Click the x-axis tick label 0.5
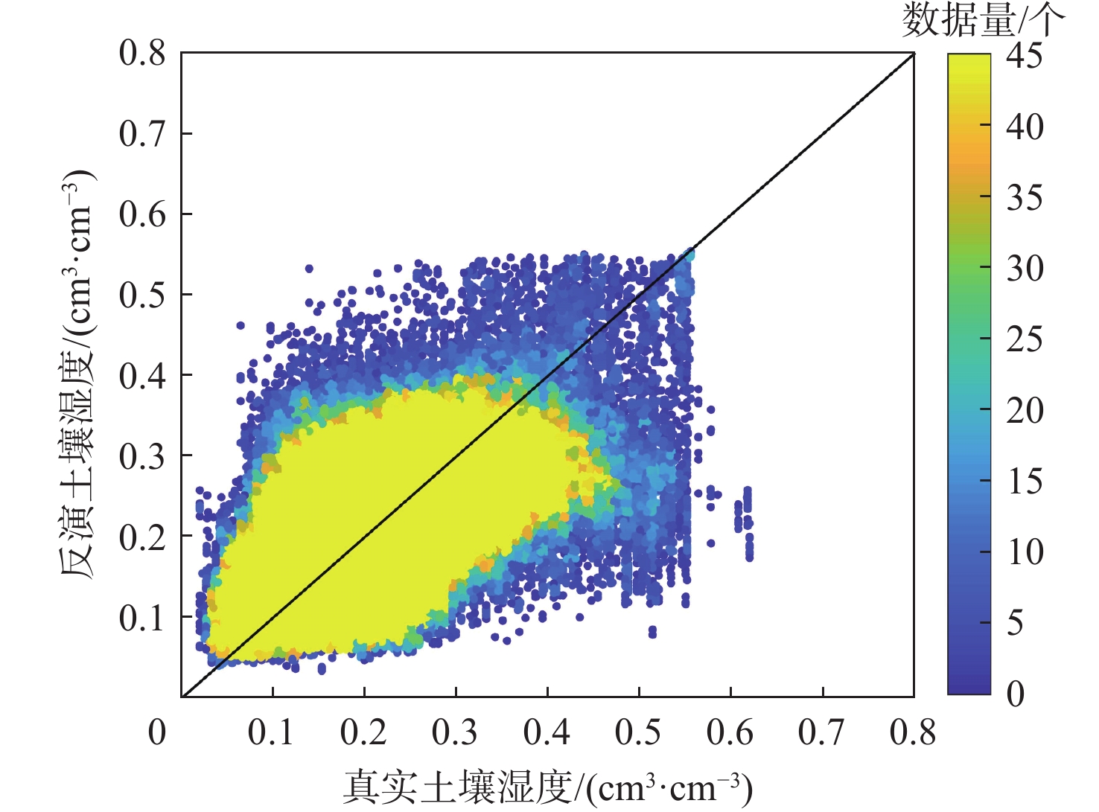tap(638, 733)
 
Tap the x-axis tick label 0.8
tap(913, 733)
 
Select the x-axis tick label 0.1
tap(271, 733)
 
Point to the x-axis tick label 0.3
tap(455, 733)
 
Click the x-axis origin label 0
tap(157, 733)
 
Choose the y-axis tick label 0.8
tap(142, 54)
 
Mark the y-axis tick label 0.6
tap(142, 215)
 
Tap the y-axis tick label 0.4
tap(142, 376)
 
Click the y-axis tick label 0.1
tap(142, 618)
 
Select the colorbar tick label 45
tap(1025, 56)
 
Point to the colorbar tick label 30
tap(1025, 268)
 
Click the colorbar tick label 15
tap(1025, 481)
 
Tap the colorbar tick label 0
tap(1016, 694)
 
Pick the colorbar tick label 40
tap(1025, 127)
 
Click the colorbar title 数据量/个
tap(984, 20)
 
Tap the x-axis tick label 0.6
tap(730, 733)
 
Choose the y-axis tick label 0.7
tap(142, 134)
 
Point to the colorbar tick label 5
tap(1016, 623)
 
